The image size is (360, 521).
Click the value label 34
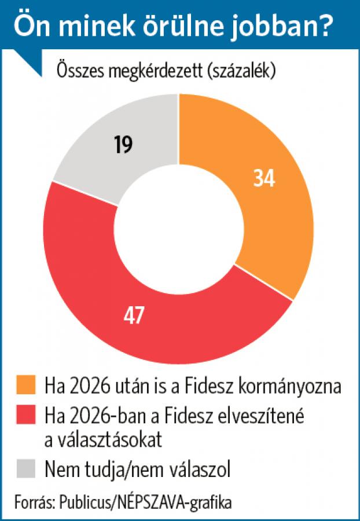pyautogui.click(x=264, y=178)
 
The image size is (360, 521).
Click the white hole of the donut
pyautogui.click(x=179, y=229)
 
